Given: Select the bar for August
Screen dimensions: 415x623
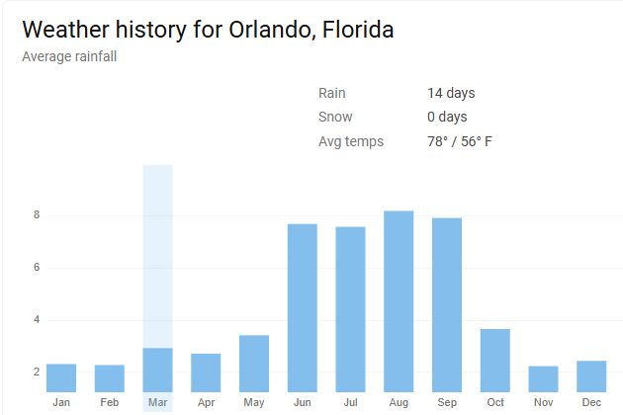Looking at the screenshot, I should coord(399,301).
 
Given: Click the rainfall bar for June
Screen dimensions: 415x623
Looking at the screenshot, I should coord(303,308).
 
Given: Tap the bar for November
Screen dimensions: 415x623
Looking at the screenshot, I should coord(544,379).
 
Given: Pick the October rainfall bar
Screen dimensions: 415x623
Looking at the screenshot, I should coord(495,361).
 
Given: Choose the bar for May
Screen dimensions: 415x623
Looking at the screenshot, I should coord(254,364).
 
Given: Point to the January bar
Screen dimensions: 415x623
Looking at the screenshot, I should coord(61,378).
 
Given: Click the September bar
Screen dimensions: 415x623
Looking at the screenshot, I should coord(447,304).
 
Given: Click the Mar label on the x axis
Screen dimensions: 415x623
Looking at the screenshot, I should coord(157,403).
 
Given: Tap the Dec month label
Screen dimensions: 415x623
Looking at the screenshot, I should coord(591,403).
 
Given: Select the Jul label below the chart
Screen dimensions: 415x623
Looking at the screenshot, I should coord(350,403).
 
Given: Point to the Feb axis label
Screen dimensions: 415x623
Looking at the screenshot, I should coord(109,403).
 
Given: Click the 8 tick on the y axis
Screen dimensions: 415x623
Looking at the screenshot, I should coord(36,215).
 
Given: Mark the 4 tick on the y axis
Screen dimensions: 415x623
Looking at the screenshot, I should coord(36,320).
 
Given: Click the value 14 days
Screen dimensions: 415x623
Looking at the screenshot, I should coord(451,93).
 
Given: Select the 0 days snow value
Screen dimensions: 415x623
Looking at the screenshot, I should coord(447,117).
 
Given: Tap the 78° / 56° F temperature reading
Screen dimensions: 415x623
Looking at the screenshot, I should coord(460,141).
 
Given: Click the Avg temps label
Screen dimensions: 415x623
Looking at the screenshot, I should coord(351,141).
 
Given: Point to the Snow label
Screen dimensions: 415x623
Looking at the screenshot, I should coord(335,117).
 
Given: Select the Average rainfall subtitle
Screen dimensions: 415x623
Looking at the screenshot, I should coord(68,55).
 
